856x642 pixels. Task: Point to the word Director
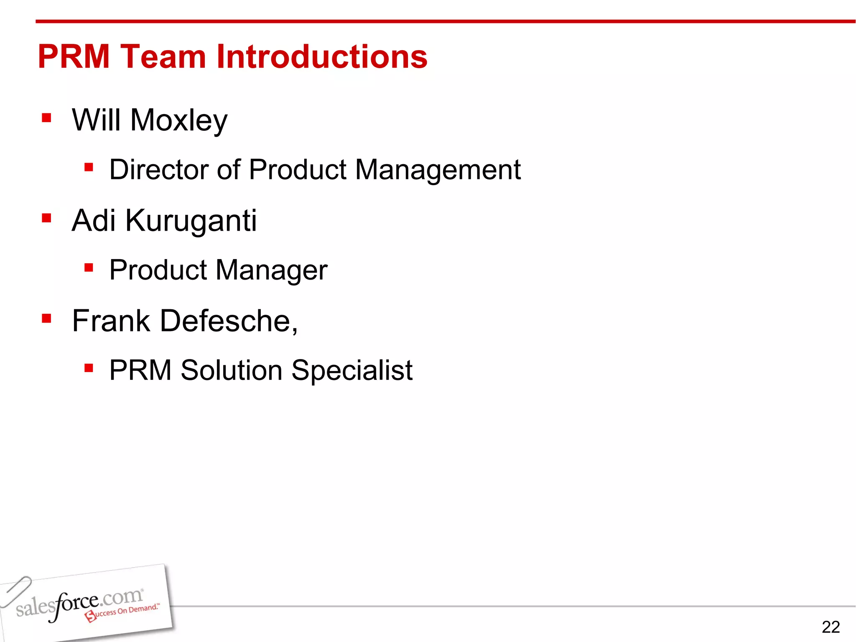click(159, 170)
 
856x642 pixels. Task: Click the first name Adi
click(94, 220)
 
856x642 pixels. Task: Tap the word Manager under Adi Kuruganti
click(272, 270)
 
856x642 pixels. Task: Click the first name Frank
click(111, 321)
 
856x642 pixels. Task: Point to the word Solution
click(232, 370)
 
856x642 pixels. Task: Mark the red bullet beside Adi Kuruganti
click(46, 218)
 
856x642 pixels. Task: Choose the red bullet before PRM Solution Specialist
click(88, 368)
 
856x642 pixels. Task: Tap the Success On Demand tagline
click(123, 612)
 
